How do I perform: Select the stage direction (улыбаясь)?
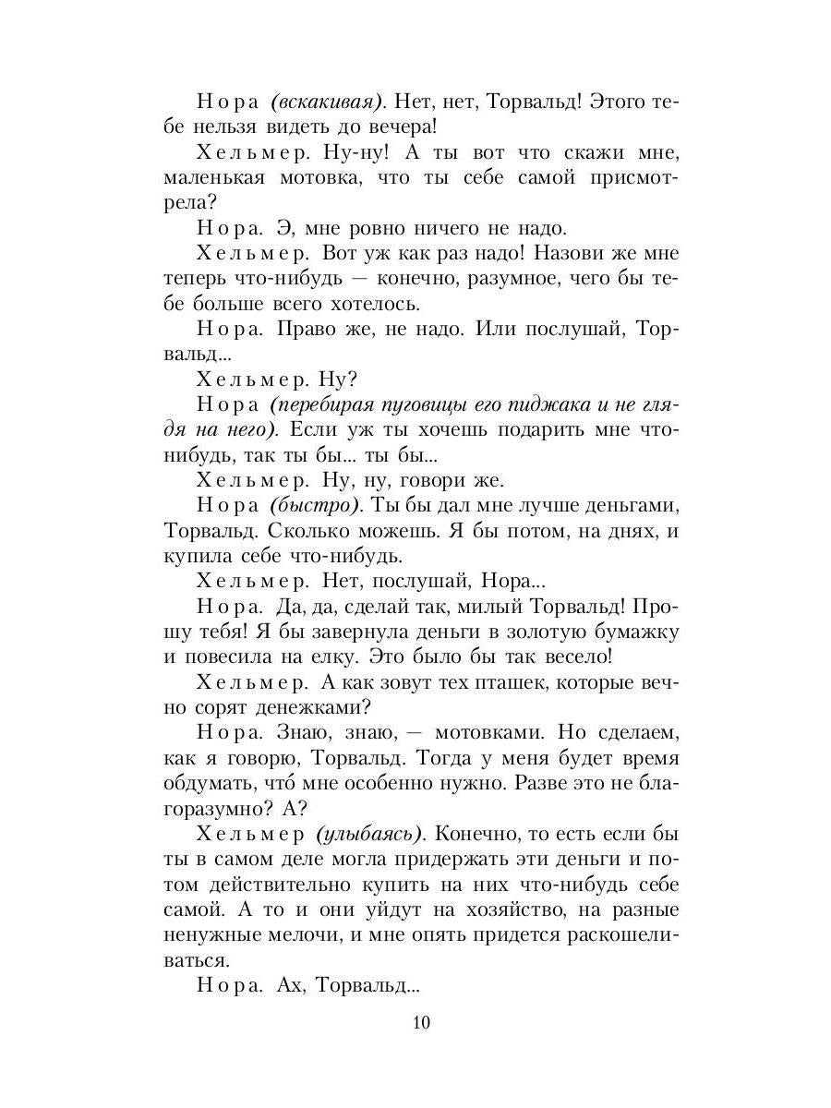tap(368, 834)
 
